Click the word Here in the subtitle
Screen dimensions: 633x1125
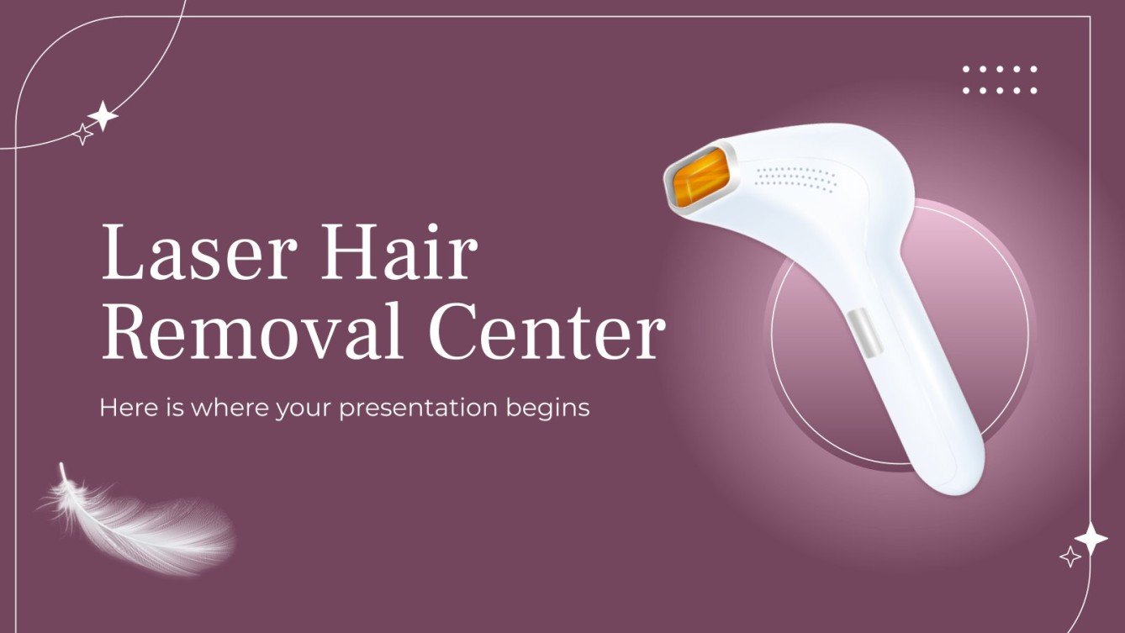tap(126, 408)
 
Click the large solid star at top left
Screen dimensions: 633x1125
tap(103, 116)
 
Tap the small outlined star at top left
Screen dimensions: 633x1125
tap(82, 134)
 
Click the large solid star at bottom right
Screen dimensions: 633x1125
tap(1091, 539)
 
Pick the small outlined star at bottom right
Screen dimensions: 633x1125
tap(1070, 557)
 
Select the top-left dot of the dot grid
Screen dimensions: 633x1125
tap(966, 70)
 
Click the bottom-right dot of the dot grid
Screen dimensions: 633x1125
tap(1033, 90)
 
